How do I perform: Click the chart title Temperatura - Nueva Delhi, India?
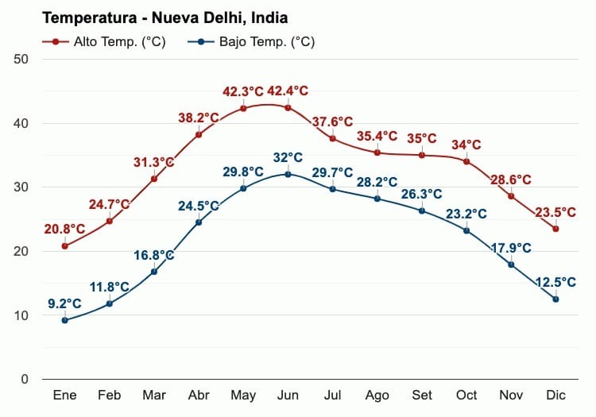[x=164, y=17]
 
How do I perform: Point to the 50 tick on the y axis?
[x=21, y=60]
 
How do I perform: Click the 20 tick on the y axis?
[x=21, y=252]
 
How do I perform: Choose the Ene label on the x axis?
[x=64, y=396]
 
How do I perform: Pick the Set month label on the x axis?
[x=421, y=396]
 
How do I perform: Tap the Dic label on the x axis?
[x=555, y=396]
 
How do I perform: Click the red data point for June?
[x=288, y=107]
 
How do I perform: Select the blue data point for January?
[x=64, y=320]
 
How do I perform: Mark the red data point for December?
[x=555, y=229]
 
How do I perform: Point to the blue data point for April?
[x=199, y=222]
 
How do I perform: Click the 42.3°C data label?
[x=242, y=92]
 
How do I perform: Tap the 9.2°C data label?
[x=64, y=303]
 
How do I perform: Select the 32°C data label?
[x=288, y=157]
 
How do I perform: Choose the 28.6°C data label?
[x=511, y=180]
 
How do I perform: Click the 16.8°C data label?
[x=153, y=255]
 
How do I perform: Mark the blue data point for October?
[x=466, y=230]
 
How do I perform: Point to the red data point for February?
[x=109, y=221]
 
